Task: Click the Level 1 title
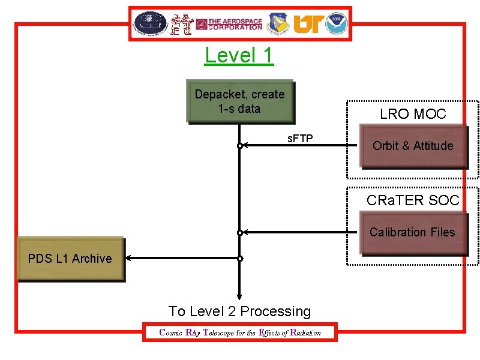coord(239,55)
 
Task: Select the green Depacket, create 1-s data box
coord(239,101)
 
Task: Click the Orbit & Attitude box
coord(413,146)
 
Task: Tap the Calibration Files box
coord(413,232)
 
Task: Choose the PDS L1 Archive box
coord(70,259)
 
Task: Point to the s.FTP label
coord(300,139)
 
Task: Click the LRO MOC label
coord(413,114)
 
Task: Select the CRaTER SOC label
coord(413,200)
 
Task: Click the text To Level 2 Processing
coord(239,311)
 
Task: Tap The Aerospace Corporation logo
coord(229,24)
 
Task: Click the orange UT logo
coord(307,24)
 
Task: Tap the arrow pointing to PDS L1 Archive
coord(180,259)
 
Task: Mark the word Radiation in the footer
coord(305,332)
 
